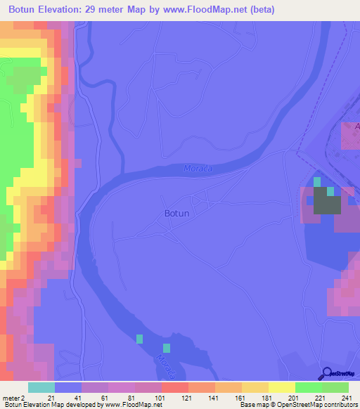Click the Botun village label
[176, 213]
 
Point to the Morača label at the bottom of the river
[163, 364]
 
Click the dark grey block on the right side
[326, 204]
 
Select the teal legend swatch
[41, 387]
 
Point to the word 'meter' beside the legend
[11, 398]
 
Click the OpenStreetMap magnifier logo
[325, 373]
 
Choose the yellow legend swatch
[281, 387]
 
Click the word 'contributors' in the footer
[340, 405]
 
